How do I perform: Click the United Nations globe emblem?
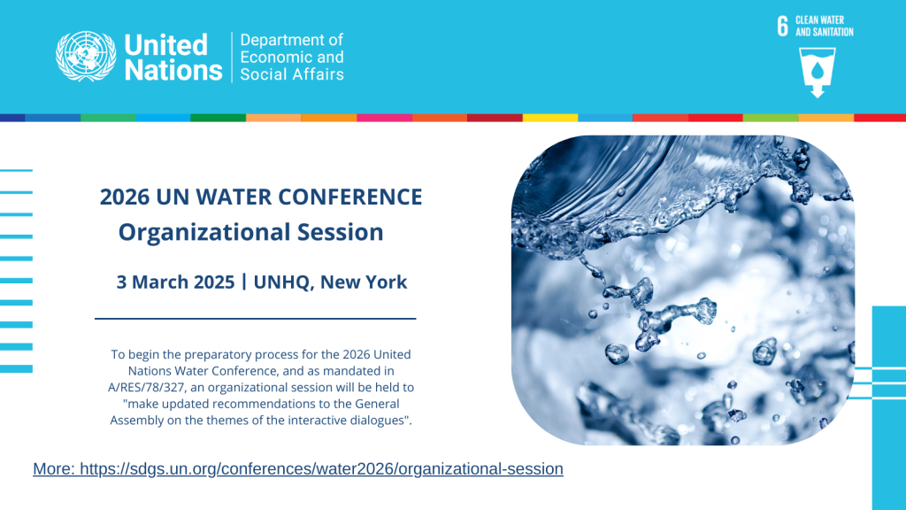(x=86, y=57)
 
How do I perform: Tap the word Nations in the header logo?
(x=173, y=71)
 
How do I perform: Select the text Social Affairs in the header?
(x=292, y=74)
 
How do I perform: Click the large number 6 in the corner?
(x=782, y=26)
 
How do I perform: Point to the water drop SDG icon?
(x=817, y=71)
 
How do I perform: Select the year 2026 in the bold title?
(x=127, y=197)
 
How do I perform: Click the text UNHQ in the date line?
(x=281, y=282)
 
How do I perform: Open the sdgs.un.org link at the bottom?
(x=321, y=469)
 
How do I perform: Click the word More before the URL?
(x=53, y=469)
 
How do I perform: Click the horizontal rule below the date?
(x=255, y=318)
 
